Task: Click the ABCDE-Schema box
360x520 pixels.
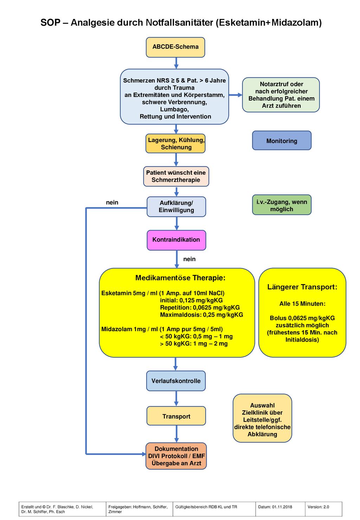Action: [175, 47]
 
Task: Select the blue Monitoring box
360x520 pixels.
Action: [282, 140]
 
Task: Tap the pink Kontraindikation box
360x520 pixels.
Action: [176, 240]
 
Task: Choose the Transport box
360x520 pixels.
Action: [176, 417]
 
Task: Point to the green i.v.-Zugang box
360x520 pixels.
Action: [282, 205]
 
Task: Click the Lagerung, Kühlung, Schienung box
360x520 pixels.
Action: [175, 143]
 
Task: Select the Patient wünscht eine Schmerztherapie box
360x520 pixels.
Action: [176, 176]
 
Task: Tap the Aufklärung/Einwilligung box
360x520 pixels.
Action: [176, 207]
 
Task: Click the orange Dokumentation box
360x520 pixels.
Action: [176, 456]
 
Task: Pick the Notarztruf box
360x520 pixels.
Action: [281, 95]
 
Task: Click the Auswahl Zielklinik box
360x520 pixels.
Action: [262, 418]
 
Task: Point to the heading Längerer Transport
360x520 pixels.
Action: [302, 287]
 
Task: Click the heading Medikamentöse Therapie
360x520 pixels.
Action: [180, 278]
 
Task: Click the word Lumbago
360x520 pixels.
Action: [174, 109]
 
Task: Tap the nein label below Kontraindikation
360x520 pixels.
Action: [189, 259]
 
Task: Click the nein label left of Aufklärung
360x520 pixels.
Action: [112, 203]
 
